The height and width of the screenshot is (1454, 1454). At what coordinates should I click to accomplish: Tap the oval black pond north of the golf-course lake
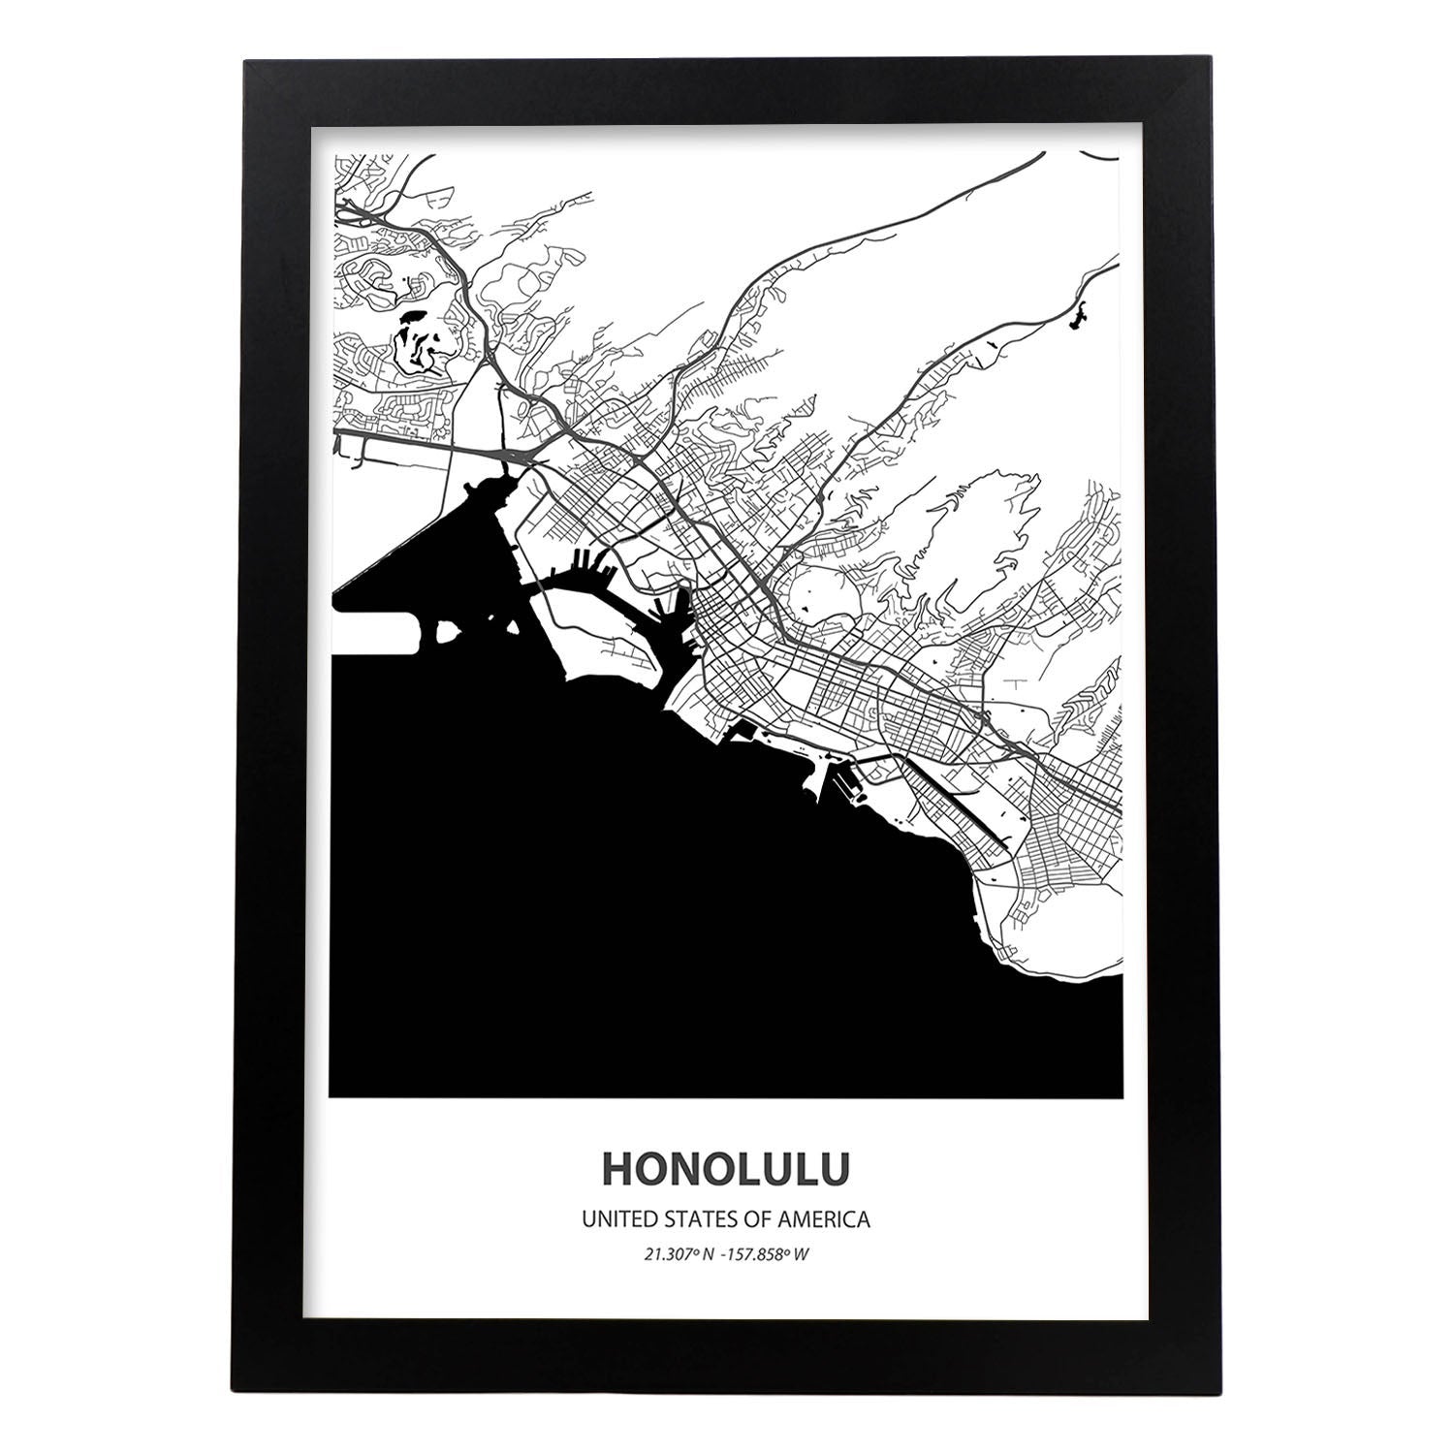[x=411, y=317]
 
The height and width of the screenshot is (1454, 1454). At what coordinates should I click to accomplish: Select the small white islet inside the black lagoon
[x=449, y=632]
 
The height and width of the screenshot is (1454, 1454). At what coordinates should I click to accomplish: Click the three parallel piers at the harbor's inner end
[x=587, y=561]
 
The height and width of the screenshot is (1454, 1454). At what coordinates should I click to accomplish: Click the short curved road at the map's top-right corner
[x=1100, y=156]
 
